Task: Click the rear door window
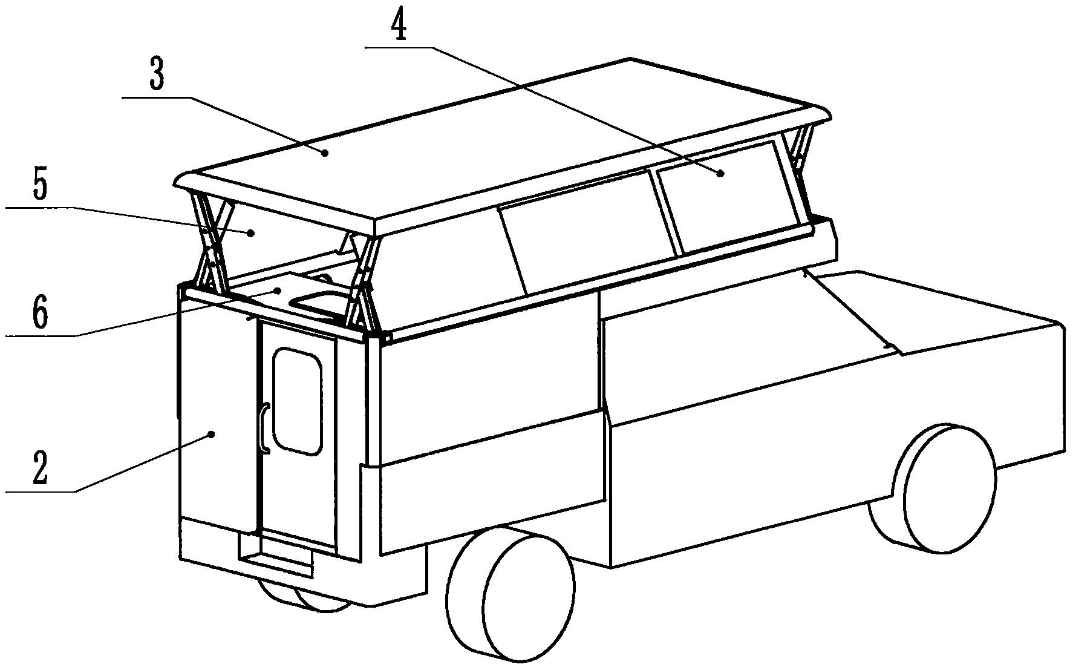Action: click(296, 399)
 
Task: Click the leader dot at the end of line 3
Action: click(325, 153)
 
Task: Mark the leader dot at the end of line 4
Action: click(720, 173)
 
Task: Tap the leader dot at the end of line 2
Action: click(211, 433)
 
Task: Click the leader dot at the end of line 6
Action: click(278, 291)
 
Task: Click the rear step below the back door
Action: click(276, 554)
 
